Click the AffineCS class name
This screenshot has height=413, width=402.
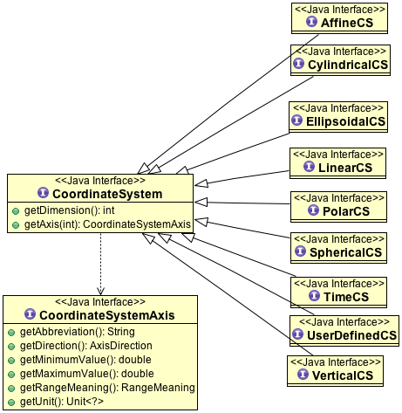pos(347,23)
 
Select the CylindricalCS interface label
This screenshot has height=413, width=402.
pos(348,65)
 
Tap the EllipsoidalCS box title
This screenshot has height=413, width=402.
pos(345,121)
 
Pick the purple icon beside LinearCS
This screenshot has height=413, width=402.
pos(309,167)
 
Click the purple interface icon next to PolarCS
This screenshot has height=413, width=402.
pos(313,210)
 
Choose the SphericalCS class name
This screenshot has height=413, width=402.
pos(345,252)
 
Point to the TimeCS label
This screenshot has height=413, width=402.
pos(346,297)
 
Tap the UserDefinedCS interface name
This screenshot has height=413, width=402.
pos(351,335)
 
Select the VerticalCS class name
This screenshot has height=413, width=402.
pos(343,375)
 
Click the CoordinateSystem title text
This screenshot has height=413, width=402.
pos(107,194)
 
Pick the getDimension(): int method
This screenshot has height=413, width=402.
pos(69,210)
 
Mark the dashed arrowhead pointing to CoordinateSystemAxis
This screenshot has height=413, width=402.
pos(100,291)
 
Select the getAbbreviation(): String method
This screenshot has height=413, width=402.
pos(78,332)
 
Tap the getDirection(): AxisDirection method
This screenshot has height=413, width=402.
pos(86,346)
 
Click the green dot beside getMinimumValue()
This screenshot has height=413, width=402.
pos(11,361)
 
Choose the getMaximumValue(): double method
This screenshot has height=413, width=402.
pos(87,374)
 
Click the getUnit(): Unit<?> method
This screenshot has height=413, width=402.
pos(62,402)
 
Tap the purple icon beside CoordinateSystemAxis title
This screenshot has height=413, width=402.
pos(31,314)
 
